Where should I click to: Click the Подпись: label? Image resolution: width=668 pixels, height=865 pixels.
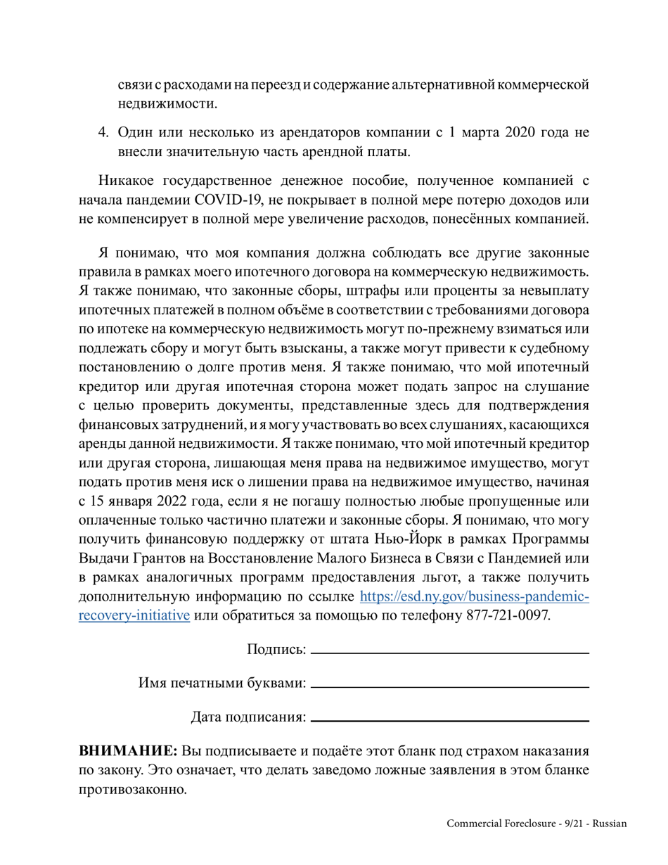276,649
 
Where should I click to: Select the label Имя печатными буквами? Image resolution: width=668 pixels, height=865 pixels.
222,683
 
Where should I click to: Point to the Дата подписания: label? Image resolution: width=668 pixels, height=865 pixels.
248,717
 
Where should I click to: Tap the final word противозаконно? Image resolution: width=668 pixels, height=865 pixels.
133,789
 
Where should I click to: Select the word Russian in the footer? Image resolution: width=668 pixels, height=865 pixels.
610,824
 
